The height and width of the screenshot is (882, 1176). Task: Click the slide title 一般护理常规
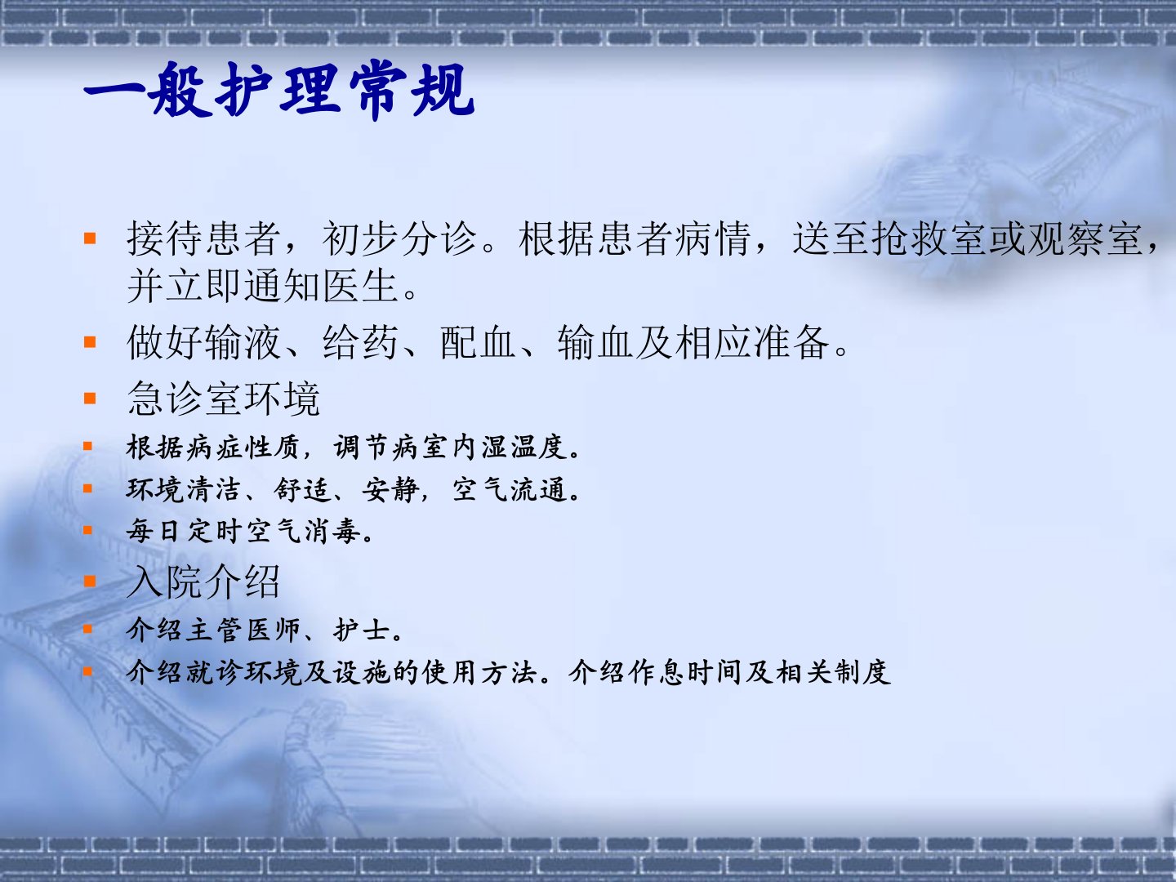click(x=278, y=90)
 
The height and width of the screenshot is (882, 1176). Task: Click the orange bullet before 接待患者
click(x=90, y=238)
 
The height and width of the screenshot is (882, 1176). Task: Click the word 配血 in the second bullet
click(x=478, y=341)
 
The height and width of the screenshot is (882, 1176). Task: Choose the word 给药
click(x=361, y=341)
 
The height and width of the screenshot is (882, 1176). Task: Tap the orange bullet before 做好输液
click(x=90, y=341)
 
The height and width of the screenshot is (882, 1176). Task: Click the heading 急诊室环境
click(x=224, y=399)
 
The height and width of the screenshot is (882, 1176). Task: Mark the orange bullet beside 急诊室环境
click(x=90, y=398)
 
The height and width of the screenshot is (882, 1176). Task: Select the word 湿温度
click(x=524, y=448)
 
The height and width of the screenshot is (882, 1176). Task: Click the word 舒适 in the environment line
click(x=303, y=489)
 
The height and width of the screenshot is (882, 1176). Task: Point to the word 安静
click(x=390, y=489)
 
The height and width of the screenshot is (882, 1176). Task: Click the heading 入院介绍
click(x=203, y=581)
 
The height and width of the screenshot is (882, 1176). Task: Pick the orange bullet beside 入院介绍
click(x=90, y=581)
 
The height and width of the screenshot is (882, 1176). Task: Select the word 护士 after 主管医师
click(x=362, y=630)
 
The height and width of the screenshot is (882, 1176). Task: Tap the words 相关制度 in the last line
click(x=834, y=673)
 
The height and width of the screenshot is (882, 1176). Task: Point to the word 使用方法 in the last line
click(x=479, y=673)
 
